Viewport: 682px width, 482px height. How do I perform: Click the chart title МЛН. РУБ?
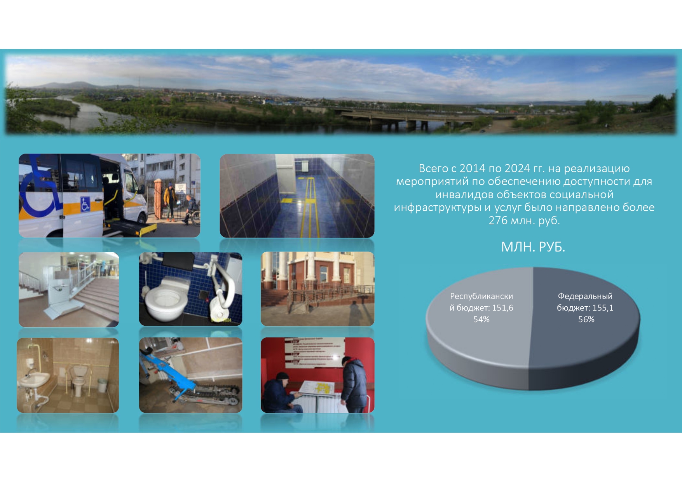533,247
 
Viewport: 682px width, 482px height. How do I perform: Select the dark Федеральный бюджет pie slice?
583,330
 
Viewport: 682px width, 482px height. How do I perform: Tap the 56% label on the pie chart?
586,320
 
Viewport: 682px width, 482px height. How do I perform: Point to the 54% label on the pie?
481,320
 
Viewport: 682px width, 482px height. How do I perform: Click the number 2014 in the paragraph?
472,168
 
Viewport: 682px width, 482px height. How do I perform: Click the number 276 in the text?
498,220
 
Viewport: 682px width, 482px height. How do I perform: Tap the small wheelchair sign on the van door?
85,204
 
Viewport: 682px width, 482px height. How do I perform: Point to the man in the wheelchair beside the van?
190,210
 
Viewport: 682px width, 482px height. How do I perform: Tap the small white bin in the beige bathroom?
102,385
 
